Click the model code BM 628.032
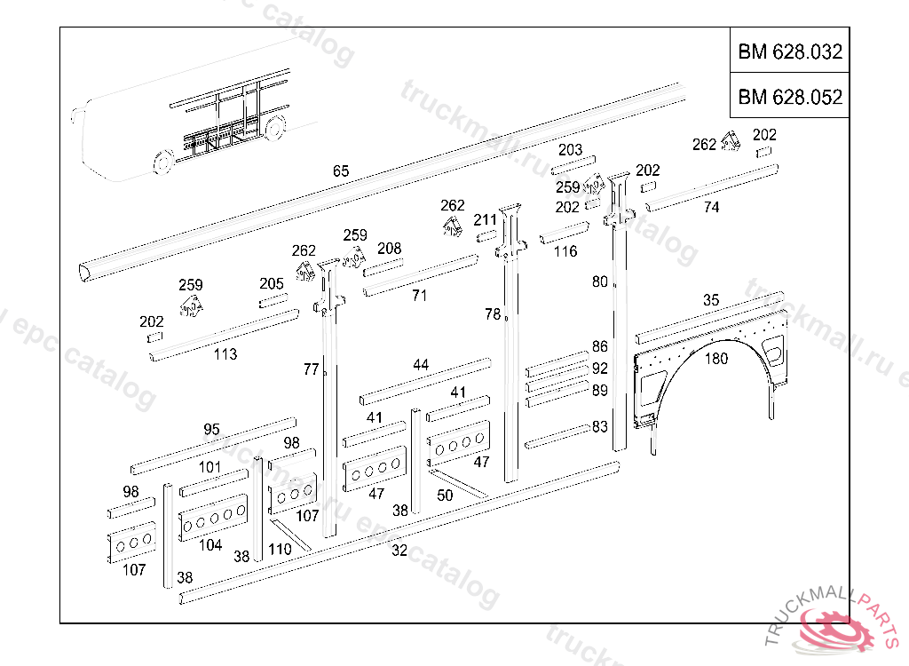point(789,52)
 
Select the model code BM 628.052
point(789,97)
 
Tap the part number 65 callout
point(341,171)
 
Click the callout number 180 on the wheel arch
point(715,359)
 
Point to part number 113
point(225,354)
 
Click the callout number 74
point(711,208)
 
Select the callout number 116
point(565,251)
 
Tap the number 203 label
point(570,150)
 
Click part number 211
point(485,220)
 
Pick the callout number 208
point(389,249)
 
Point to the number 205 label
point(272,284)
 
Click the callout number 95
point(211,430)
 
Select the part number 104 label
point(210,545)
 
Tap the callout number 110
point(280,550)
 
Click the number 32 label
point(399,551)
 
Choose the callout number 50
point(445,496)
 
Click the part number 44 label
point(421,365)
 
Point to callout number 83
point(600,427)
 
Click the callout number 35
point(711,300)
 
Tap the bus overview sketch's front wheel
point(162,163)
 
